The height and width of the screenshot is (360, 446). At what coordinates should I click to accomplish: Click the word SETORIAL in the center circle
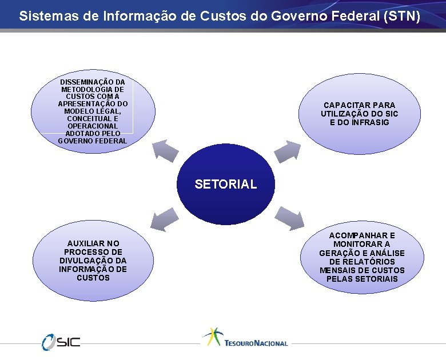click(x=225, y=184)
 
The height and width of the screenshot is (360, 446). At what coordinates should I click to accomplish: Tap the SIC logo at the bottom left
click(x=61, y=341)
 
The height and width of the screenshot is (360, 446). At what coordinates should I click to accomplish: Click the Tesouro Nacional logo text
click(x=256, y=343)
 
